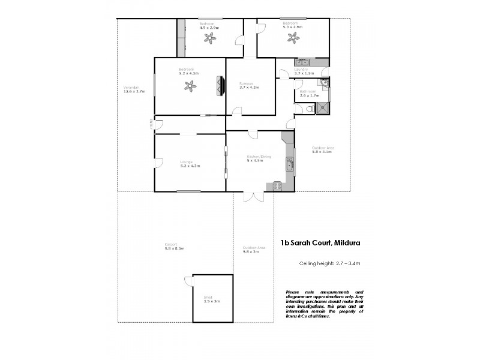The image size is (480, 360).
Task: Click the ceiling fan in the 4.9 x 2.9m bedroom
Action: click(x=209, y=38)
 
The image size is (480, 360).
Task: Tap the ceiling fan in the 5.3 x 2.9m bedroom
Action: click(x=293, y=38)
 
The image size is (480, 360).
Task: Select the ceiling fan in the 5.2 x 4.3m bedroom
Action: click(x=190, y=86)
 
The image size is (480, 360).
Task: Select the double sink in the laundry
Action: click(x=301, y=62)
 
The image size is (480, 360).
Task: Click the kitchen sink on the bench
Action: click(x=289, y=164)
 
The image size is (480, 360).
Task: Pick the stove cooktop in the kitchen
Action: click(x=277, y=186)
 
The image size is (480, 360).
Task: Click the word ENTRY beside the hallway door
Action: click(x=151, y=124)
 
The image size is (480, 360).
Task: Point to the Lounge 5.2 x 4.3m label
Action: click(x=189, y=163)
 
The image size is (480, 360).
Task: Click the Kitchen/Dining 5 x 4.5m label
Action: click(x=259, y=158)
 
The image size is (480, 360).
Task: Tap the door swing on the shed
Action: click(x=188, y=280)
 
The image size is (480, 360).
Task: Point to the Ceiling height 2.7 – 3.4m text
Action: click(x=329, y=263)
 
